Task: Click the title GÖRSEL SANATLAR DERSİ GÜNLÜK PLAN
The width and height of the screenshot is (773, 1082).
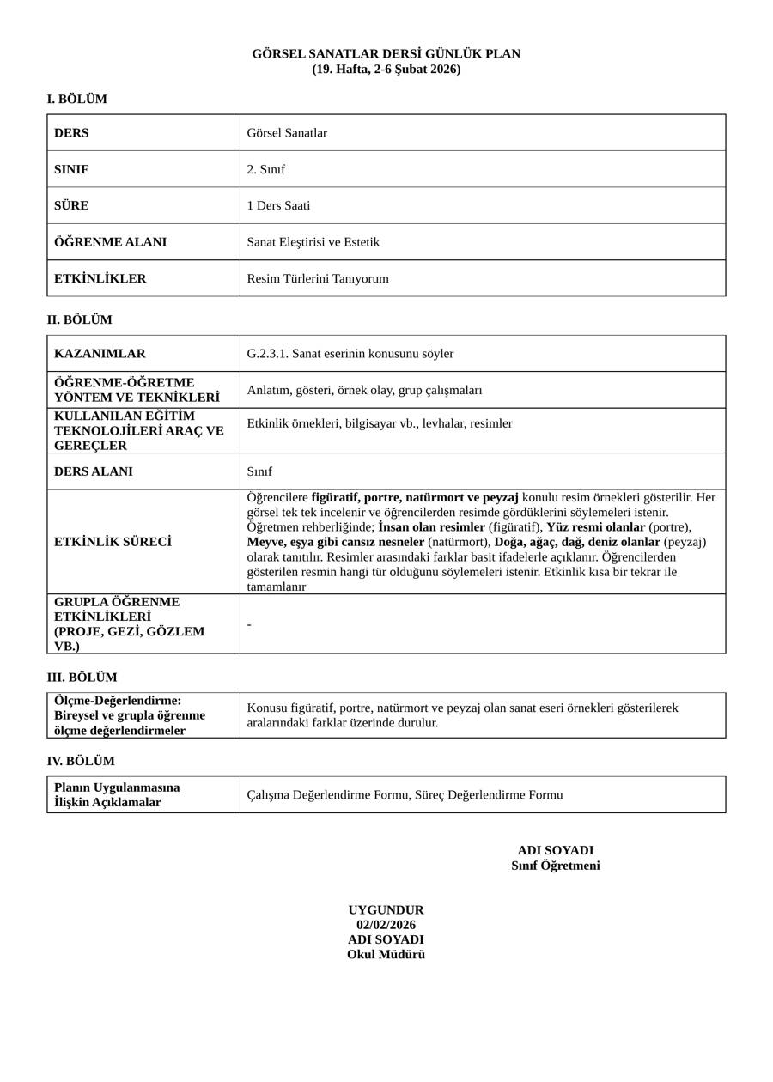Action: pos(386,54)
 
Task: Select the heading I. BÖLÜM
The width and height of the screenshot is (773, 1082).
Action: pos(77,100)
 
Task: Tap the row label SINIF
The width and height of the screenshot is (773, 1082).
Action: pos(71,169)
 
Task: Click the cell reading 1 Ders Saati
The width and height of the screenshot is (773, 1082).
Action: pos(278,206)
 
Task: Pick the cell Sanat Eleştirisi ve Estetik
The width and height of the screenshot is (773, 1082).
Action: pos(313,242)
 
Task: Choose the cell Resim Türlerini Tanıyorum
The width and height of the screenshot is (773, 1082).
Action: pos(318,279)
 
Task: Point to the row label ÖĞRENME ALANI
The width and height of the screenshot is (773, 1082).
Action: pos(110,242)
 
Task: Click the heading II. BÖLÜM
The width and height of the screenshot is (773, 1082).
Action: pos(79,320)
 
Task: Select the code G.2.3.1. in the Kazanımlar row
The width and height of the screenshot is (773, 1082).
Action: pos(267,354)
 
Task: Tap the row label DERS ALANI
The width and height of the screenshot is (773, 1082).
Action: pos(94,471)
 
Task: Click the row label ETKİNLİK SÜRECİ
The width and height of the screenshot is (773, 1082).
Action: pos(113,542)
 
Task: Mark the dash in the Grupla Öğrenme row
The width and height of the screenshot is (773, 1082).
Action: pos(249,625)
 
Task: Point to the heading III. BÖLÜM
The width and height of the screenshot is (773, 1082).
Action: pos(82,678)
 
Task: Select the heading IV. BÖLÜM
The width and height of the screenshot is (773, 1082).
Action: pos(81,762)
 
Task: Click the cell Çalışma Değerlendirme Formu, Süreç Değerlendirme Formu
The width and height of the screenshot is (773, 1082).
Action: pos(405,795)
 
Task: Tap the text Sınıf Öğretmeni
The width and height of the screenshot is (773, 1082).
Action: pos(555,866)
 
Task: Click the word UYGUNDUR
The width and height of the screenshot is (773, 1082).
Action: pos(386,910)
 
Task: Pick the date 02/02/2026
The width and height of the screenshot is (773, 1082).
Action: pos(386,925)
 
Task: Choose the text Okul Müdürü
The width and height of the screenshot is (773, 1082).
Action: pos(386,955)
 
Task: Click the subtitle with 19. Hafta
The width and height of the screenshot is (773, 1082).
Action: pos(386,70)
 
